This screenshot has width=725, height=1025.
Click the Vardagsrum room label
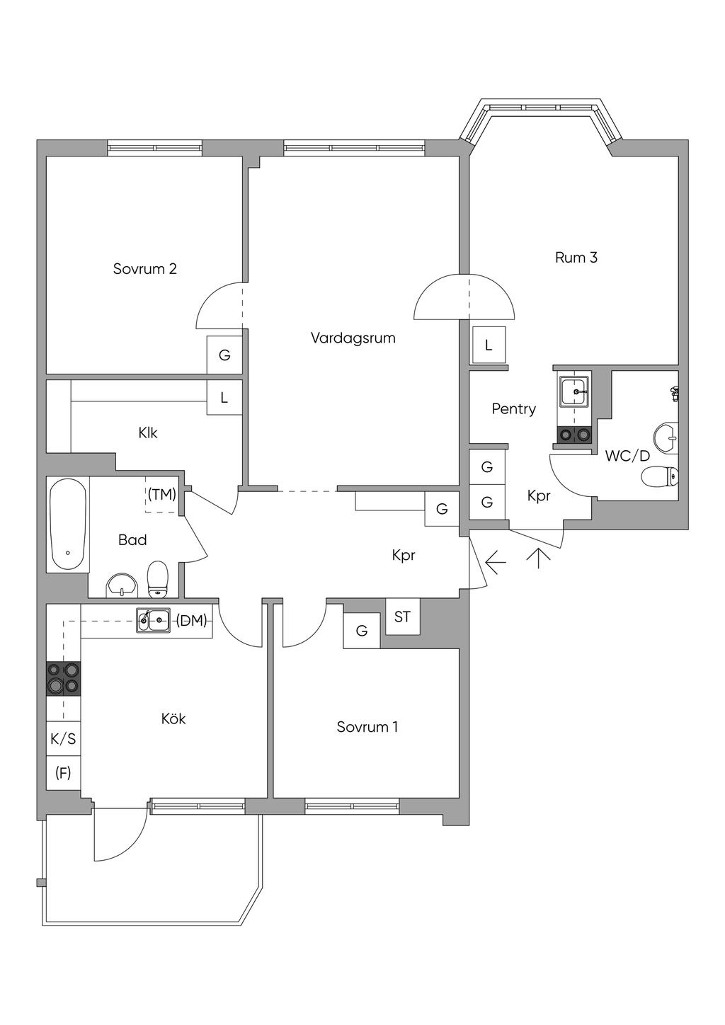click(353, 338)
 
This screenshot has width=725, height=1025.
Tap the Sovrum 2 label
click(144, 268)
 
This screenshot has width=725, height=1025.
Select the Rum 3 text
click(576, 258)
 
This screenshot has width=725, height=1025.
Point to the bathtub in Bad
click(68, 524)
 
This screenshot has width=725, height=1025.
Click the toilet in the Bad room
click(158, 579)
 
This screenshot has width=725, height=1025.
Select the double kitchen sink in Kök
click(153, 621)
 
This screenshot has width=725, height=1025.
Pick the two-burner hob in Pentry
click(574, 433)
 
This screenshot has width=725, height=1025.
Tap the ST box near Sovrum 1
click(402, 617)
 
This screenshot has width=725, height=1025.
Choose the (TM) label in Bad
click(162, 494)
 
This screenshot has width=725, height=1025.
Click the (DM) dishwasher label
click(192, 621)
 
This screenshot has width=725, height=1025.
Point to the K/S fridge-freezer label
click(63, 739)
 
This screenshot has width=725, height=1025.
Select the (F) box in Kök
click(63, 772)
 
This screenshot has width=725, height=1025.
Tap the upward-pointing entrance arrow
click(538, 559)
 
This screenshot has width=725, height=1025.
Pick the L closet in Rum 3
click(489, 345)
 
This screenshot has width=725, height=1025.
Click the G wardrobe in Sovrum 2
click(224, 355)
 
